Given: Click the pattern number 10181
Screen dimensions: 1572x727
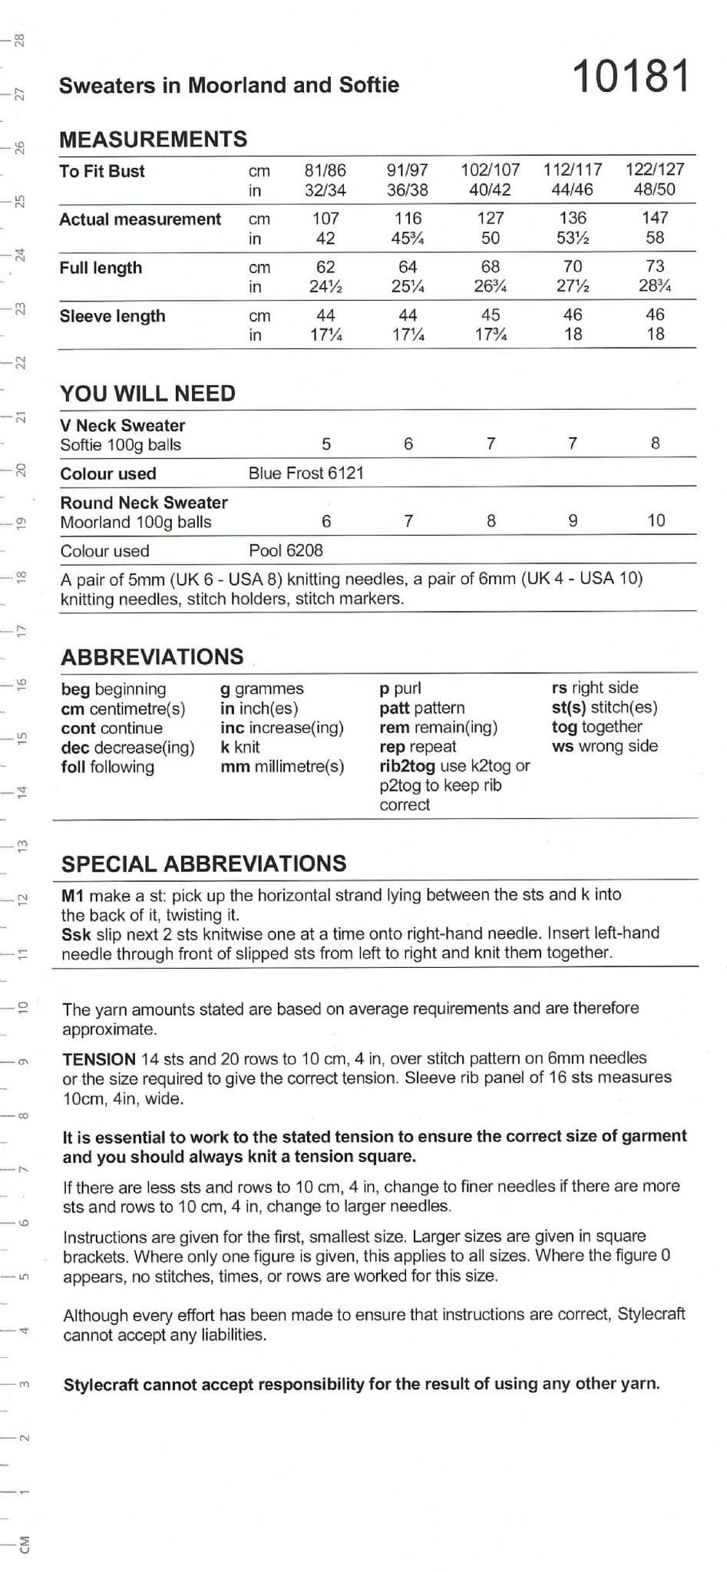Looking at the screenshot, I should pos(631,77).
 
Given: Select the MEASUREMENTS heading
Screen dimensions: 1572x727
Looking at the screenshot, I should pos(154,139).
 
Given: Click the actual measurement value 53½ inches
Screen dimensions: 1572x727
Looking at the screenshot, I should pos(573,238).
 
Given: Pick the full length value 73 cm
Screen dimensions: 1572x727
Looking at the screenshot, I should pos(655,266).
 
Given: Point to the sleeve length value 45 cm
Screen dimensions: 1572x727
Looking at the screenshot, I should pos(491,315).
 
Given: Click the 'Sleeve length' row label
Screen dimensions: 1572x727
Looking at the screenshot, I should pos(112,316).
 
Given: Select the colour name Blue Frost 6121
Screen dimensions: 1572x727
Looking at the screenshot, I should pos(306,474).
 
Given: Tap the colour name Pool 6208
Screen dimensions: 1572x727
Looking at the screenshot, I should pos(286,550).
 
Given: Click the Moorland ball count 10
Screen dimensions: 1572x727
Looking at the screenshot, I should pos(656,520).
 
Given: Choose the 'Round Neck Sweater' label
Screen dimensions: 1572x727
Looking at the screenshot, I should pos(144,503).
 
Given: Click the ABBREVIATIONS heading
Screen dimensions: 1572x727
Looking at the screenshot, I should pos(152,657).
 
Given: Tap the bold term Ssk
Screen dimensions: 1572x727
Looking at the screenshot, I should pos(75,934).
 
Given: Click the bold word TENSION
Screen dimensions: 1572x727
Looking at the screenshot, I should pos(99,1059).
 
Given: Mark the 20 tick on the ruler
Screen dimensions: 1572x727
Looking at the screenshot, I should pos(21,469).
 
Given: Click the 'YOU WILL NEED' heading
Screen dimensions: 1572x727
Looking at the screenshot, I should pos(148,394).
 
